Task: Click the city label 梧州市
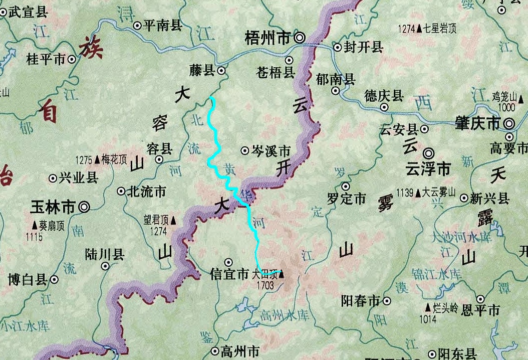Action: coord(268,38)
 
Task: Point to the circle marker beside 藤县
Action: coord(221,72)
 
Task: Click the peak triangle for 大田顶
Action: coord(281,274)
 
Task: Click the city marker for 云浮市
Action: coord(429,152)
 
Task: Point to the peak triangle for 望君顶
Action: coord(173,219)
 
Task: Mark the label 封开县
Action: coord(364,48)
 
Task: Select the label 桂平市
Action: coord(46,59)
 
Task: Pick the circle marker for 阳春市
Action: coord(387,301)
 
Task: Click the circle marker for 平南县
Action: coord(137,26)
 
